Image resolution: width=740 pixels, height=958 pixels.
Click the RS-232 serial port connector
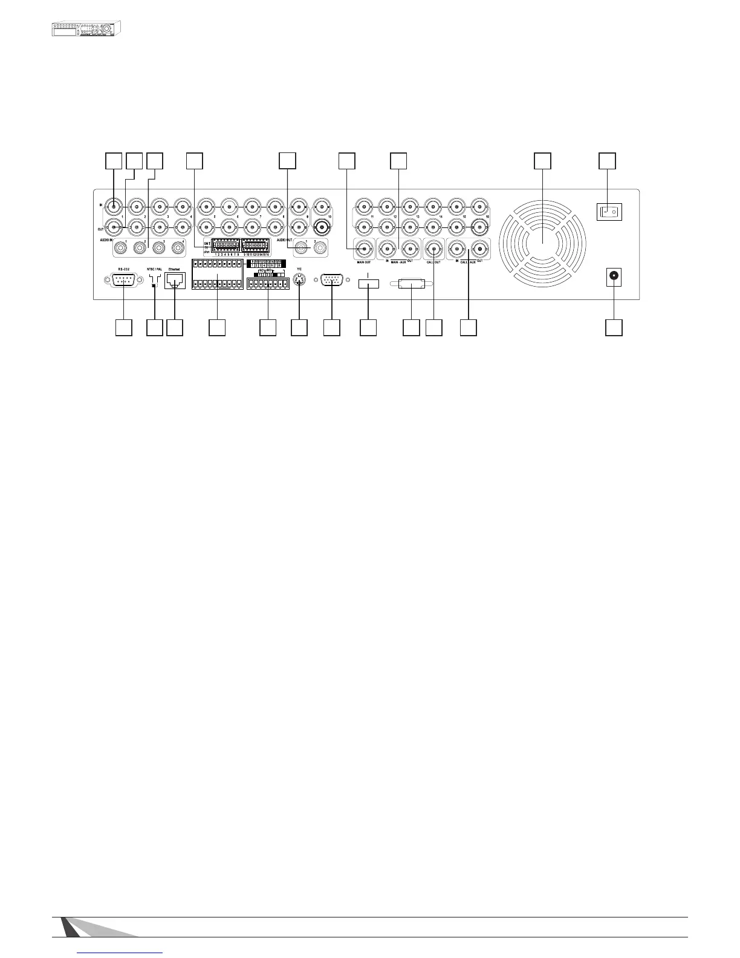(123, 281)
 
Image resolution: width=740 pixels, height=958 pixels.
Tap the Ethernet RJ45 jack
(174, 281)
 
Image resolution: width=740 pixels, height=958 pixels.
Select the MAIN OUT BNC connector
(363, 249)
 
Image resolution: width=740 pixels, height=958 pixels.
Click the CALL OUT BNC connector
(435, 248)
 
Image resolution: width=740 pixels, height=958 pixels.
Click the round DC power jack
(614, 277)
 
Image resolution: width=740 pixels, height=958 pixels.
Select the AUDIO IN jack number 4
(178, 248)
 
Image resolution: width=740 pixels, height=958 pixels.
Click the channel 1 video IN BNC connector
(113, 206)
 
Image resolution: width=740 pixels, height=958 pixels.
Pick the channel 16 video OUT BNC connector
(479, 228)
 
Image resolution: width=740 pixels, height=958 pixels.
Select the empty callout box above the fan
(542, 160)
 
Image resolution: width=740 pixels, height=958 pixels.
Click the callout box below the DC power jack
(614, 327)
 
